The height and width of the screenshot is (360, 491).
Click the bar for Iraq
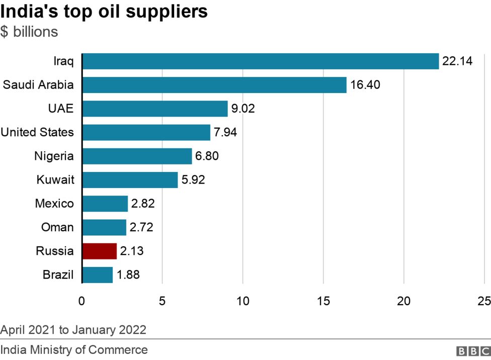click(x=260, y=61)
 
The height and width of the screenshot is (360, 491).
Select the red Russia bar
click(x=99, y=251)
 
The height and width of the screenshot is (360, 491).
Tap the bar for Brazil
click(x=97, y=275)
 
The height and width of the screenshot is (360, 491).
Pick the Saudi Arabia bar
click(x=214, y=85)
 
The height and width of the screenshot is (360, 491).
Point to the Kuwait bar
click(x=130, y=180)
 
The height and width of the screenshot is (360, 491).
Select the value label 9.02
click(x=243, y=109)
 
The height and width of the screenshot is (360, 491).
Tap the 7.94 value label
click(x=225, y=133)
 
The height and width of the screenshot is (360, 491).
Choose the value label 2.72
click(x=141, y=228)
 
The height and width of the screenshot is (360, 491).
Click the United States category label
click(x=37, y=133)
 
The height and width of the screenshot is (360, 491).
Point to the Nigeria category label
click(x=54, y=156)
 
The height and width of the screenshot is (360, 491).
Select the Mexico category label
click(x=54, y=204)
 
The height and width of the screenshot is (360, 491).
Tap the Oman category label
click(x=57, y=228)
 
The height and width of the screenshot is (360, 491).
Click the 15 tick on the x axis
click(x=323, y=301)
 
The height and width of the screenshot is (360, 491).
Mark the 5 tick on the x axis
click(x=162, y=301)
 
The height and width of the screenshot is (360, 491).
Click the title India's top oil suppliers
click(x=104, y=12)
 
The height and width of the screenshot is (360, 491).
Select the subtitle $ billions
click(x=29, y=32)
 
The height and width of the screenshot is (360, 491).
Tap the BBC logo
click(x=472, y=351)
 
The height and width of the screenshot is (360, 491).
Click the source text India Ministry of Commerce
click(x=74, y=350)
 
